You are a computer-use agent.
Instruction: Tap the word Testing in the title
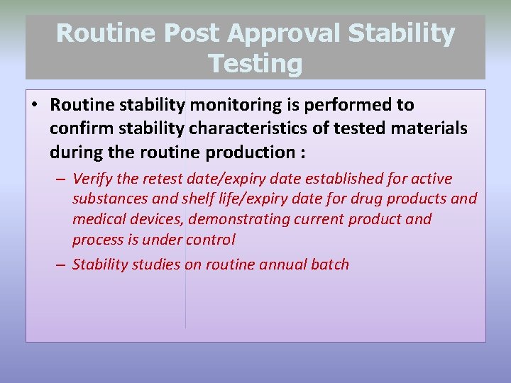[255, 64]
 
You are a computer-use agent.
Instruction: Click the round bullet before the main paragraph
[35, 106]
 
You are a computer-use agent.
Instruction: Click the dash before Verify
[60, 179]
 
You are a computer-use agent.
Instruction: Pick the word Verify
[92, 178]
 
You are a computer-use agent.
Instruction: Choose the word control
[210, 240]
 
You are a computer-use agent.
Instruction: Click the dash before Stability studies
[60, 265]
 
